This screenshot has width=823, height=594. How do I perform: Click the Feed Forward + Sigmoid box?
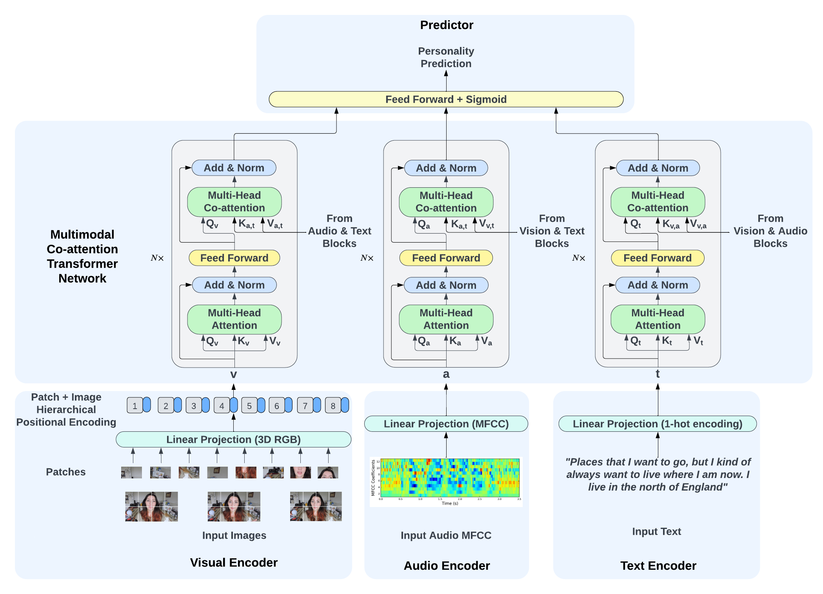(x=446, y=99)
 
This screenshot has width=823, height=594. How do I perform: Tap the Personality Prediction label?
(x=446, y=57)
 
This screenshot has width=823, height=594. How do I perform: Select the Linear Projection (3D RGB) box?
(x=233, y=439)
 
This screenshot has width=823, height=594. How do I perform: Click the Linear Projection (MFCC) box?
(x=446, y=424)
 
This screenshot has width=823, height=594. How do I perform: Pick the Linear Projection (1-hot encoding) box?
(x=658, y=424)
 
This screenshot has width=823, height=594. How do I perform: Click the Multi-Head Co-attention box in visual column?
(x=234, y=202)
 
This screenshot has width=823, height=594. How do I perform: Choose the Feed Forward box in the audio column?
(x=446, y=258)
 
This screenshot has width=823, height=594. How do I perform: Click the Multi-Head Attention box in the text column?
(x=658, y=319)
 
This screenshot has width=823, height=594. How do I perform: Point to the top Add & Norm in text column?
(x=658, y=168)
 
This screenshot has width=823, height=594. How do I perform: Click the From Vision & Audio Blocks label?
(x=770, y=231)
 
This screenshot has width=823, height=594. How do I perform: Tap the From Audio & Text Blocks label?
(x=339, y=231)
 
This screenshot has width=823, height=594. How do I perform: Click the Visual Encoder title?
(x=234, y=562)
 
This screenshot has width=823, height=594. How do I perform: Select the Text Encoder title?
(x=658, y=565)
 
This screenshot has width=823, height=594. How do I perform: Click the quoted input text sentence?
(x=658, y=474)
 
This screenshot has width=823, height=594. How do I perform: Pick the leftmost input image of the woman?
(x=151, y=506)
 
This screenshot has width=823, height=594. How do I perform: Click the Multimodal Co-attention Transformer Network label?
(x=82, y=256)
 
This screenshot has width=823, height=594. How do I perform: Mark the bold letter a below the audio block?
(x=446, y=374)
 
